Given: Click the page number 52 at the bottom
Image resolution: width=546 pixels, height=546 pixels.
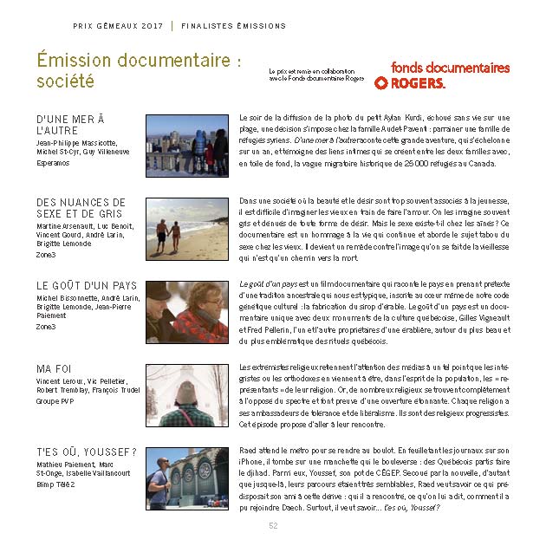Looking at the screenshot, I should [x=273, y=525].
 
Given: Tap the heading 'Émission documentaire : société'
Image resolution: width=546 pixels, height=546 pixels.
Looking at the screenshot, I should [x=138, y=70].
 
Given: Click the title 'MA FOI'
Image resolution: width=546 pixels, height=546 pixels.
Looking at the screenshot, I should [x=54, y=368].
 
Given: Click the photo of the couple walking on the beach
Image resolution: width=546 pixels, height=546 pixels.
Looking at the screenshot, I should [x=186, y=229].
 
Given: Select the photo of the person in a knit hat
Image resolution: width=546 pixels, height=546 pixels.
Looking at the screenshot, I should [x=186, y=396].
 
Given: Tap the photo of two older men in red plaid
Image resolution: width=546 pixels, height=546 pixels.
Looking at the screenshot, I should [x=186, y=312].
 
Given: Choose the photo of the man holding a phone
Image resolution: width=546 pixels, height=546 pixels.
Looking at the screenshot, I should [x=186, y=478].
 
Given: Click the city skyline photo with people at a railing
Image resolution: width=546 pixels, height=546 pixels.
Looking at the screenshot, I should [x=186, y=146].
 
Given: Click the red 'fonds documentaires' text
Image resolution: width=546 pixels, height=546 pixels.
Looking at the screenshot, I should [x=450, y=67].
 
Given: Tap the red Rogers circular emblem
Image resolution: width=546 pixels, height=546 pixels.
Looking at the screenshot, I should [x=381, y=83].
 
